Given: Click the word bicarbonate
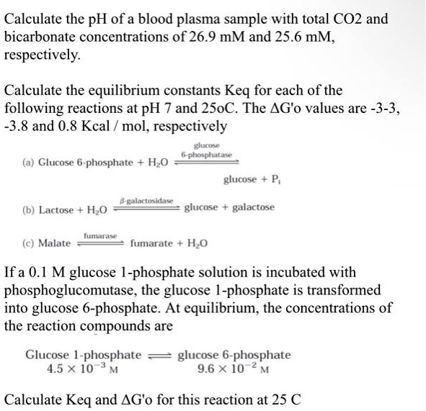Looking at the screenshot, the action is [x=42, y=37].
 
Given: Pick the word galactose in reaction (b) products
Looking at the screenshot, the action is [x=249, y=207].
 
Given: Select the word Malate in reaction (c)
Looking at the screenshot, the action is [x=55, y=243].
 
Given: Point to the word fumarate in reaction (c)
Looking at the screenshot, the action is [x=152, y=243].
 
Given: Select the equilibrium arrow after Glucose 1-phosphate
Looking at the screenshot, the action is [x=159, y=355].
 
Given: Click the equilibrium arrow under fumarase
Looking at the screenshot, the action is [x=99, y=243].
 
